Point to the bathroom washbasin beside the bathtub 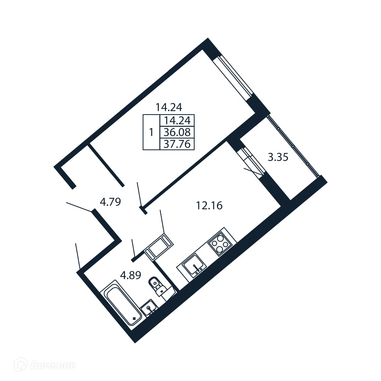150,309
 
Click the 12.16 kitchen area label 209,205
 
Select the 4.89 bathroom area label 130,275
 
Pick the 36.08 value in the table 177,132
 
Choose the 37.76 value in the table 177,144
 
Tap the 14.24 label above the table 169,108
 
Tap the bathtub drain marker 134,318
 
